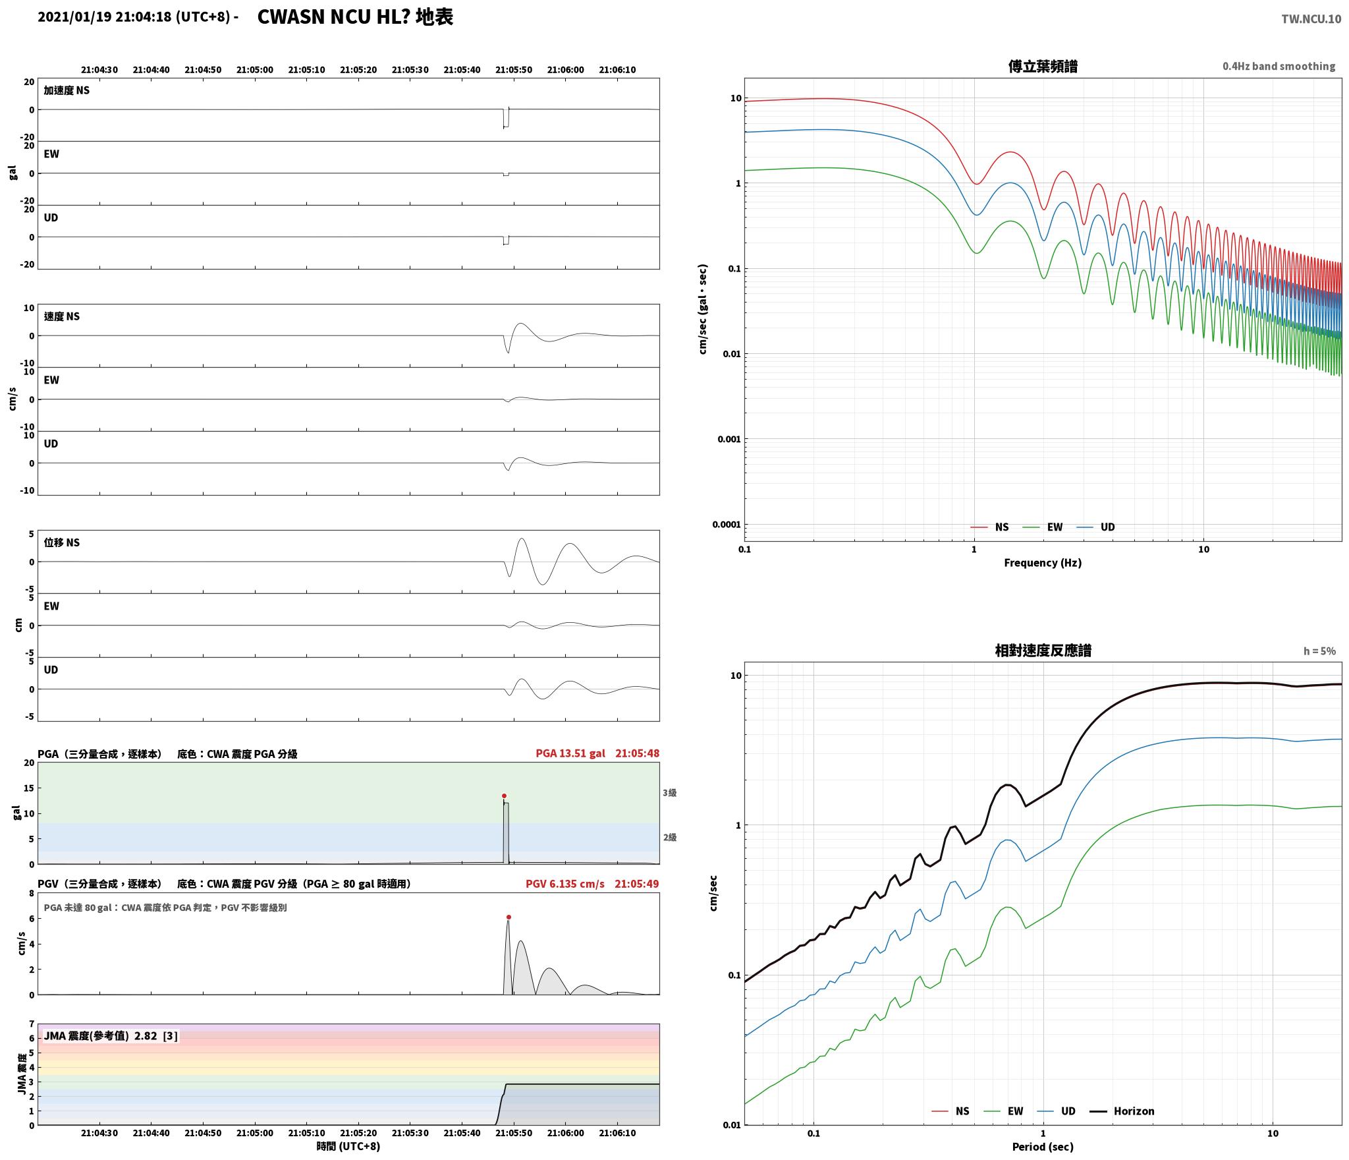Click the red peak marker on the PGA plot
[x=504, y=796]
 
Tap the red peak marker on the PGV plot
[x=509, y=917]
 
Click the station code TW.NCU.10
[x=1311, y=19]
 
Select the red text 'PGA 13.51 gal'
[x=570, y=753]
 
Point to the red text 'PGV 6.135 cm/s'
[x=565, y=884]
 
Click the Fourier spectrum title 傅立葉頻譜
[x=1043, y=67]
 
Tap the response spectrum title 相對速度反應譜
[x=1043, y=651]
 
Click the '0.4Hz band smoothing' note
[x=1279, y=67]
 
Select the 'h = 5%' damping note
[x=1319, y=651]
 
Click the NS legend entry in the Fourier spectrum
[x=989, y=527]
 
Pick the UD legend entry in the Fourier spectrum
[x=1095, y=527]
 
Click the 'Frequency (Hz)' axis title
[x=1043, y=563]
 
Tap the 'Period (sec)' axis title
[x=1043, y=1147]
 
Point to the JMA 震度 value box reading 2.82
[x=111, y=1036]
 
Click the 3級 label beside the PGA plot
[x=670, y=793]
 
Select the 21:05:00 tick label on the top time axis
[x=255, y=70]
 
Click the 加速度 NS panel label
[x=67, y=90]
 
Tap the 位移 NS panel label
[x=62, y=542]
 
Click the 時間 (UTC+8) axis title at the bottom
[x=348, y=1146]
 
